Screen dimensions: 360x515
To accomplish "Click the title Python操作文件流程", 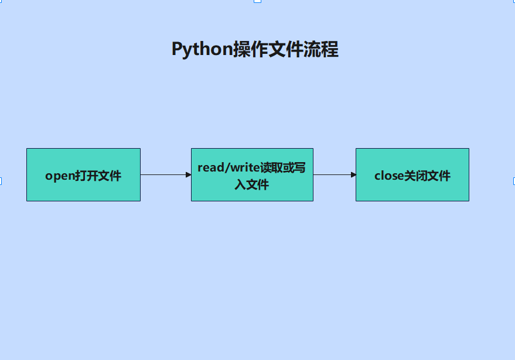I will click(255, 49).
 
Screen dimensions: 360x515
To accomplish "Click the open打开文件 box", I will click(83, 174).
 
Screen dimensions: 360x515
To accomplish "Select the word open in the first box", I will click(60, 176).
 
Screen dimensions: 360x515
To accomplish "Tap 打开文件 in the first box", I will click(98, 176).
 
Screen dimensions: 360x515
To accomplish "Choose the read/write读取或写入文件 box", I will click(252, 174).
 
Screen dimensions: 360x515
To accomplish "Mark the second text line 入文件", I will click(251, 185).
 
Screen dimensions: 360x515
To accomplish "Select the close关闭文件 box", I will click(412, 174).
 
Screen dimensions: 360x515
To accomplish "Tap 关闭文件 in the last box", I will click(427, 176).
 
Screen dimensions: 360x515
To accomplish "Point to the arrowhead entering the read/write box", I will click(188, 174).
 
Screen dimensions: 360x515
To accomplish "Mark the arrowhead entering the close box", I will click(353, 174).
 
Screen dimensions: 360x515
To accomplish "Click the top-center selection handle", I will click(257, 1).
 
